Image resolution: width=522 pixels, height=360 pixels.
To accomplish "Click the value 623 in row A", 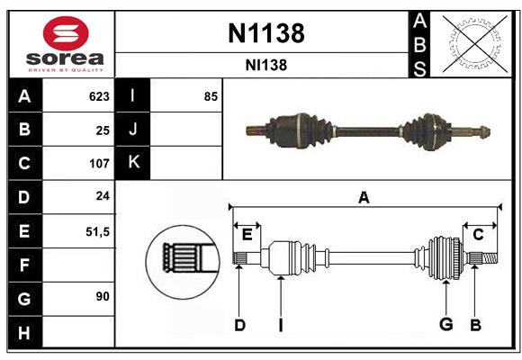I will [98, 96].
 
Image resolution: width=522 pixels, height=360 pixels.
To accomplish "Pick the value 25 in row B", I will [102, 130].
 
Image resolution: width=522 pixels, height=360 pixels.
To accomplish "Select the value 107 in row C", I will [98, 164].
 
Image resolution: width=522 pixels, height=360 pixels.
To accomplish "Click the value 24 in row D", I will [102, 197].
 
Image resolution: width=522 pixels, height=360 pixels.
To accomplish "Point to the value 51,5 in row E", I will [96, 231].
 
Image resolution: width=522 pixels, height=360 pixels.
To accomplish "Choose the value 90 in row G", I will [102, 296].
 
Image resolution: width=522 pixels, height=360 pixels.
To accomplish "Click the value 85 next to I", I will [211, 96].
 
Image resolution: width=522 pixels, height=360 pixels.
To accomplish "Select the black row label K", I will [133, 164].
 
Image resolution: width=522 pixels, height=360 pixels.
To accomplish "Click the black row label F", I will [24, 265].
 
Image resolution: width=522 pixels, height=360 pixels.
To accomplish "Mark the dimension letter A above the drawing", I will [364, 197].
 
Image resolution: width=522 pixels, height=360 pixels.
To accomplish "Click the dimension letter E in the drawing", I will [247, 234].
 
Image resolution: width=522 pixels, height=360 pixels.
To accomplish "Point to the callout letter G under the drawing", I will [445, 325].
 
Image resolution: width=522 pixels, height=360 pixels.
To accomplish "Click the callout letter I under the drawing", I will [281, 325].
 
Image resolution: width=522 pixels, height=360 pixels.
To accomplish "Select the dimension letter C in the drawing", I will [479, 234].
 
